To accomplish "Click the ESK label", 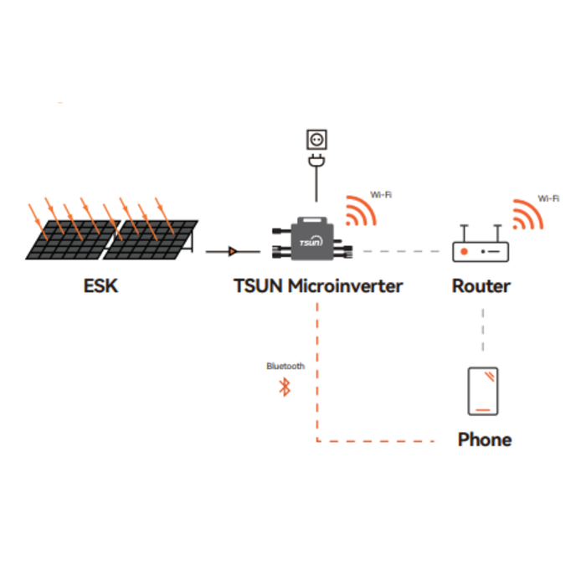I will coord(101,286).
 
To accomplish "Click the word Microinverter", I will coord(345,286).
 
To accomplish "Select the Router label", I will coord(481,286).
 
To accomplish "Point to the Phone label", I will coord(485,439).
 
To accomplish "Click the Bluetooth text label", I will coord(285,367).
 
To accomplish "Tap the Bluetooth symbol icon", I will coord(285,387).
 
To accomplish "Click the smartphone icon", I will coord(483,391).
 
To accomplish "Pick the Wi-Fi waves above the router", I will coord(527,215).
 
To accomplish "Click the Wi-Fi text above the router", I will coord(548,199).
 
